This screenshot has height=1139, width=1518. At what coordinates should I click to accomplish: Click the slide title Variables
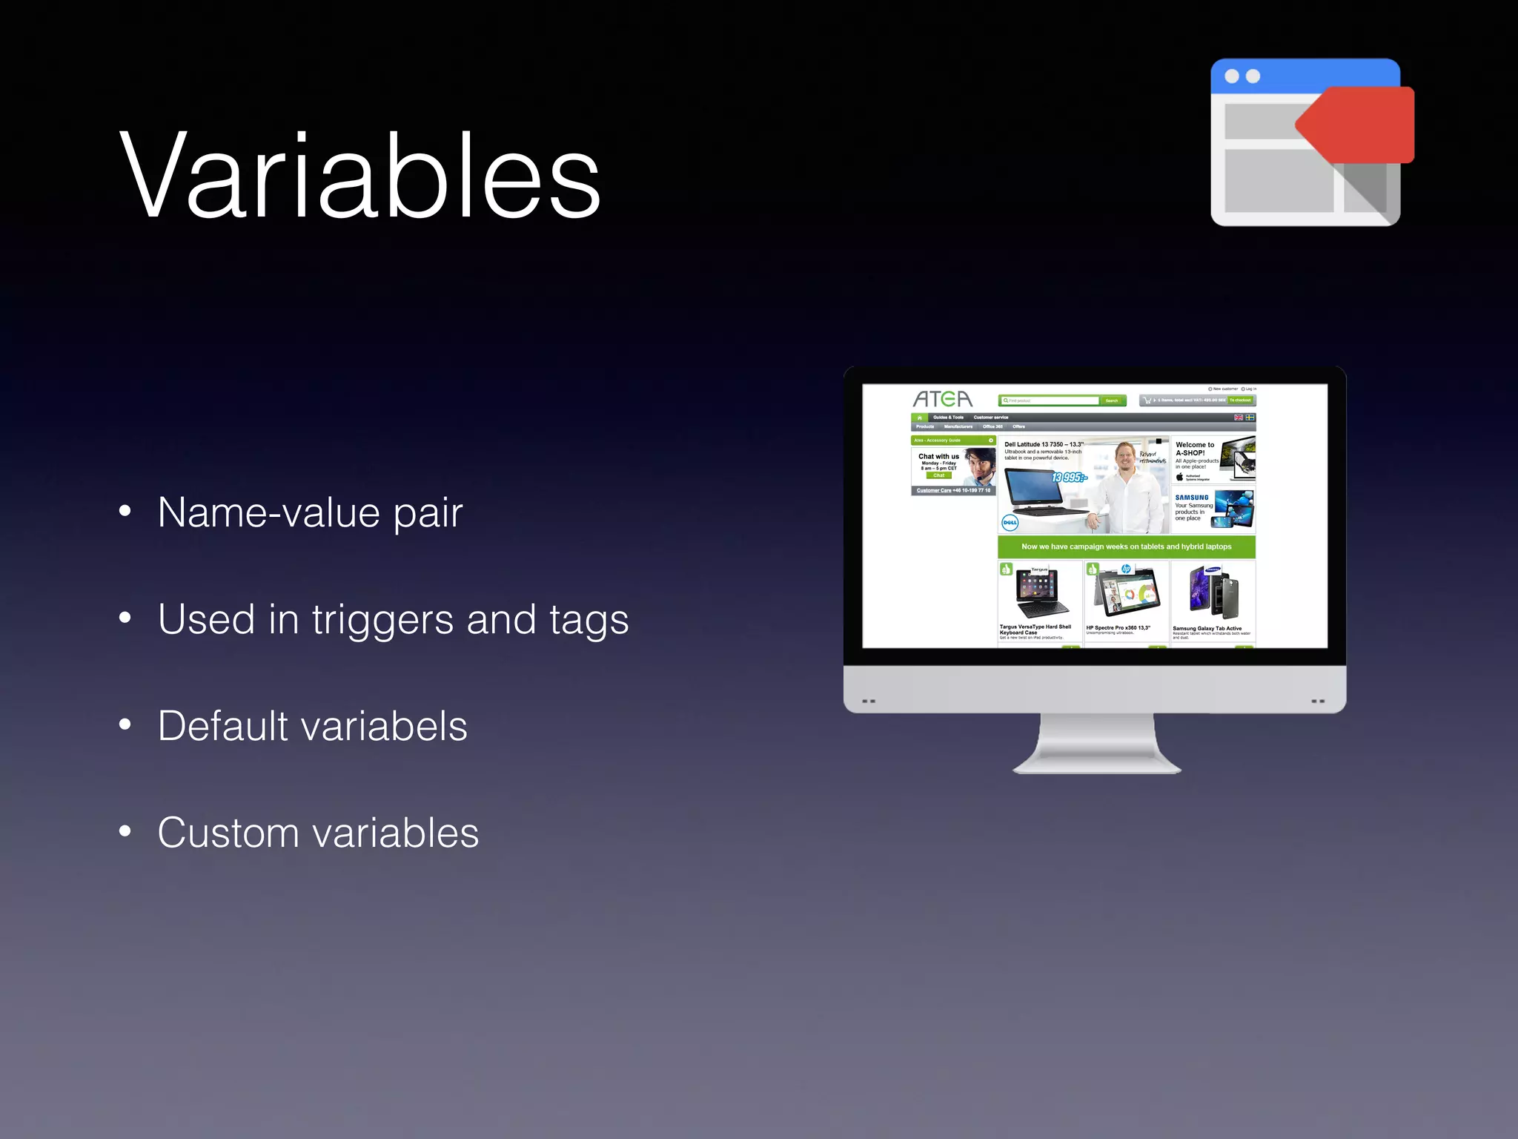(359, 176)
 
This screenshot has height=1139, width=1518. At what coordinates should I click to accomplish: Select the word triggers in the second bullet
(382, 620)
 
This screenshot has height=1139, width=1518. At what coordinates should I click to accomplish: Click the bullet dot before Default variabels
(125, 724)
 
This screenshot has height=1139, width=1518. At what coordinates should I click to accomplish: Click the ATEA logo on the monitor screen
(942, 399)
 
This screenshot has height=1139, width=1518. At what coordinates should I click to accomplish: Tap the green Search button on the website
(1112, 400)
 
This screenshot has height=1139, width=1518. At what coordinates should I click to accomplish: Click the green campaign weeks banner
(1126, 547)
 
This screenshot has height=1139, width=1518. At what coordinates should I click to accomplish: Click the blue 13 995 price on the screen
(1068, 478)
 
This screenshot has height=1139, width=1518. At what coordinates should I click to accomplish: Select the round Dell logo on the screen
(1010, 522)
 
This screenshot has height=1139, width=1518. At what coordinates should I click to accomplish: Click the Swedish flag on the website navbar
(1250, 417)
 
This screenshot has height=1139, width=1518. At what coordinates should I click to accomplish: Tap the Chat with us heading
(938, 456)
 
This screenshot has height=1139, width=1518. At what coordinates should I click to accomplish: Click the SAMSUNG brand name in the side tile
(1191, 498)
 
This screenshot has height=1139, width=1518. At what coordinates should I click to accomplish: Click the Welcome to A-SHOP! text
(1194, 449)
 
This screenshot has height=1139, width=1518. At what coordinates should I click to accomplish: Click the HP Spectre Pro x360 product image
(1126, 592)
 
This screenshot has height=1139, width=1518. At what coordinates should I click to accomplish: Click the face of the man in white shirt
(1126, 454)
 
